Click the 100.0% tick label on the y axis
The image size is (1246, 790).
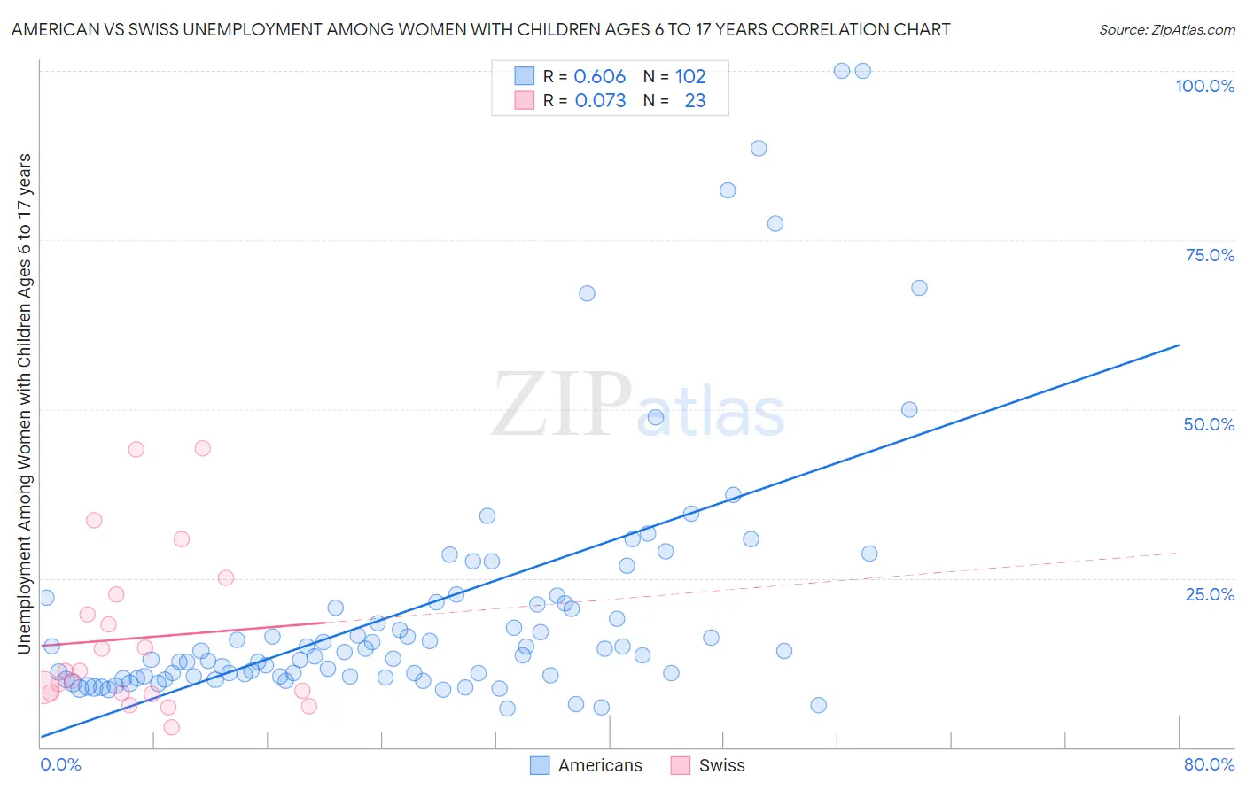point(1204,86)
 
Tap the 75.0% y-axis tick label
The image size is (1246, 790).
point(1210,255)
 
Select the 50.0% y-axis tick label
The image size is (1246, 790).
point(1209,424)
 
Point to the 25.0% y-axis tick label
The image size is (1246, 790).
point(1210,594)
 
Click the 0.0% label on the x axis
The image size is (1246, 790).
point(60,764)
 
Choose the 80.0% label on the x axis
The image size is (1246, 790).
point(1209,764)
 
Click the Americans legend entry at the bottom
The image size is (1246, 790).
point(599,765)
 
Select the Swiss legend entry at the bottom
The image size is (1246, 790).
point(721,765)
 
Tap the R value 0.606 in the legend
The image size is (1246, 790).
point(600,76)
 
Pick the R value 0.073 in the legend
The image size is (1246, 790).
point(600,100)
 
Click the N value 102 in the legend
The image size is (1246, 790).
point(690,76)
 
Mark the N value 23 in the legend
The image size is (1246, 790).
point(695,100)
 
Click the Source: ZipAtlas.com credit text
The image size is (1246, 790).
point(1166,29)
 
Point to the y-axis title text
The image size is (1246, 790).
point(24,404)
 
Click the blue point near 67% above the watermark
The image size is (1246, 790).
point(587,293)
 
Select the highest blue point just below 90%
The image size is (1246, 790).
point(759,149)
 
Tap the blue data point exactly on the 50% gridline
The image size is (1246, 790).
point(909,410)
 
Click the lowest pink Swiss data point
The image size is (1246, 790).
point(172,727)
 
